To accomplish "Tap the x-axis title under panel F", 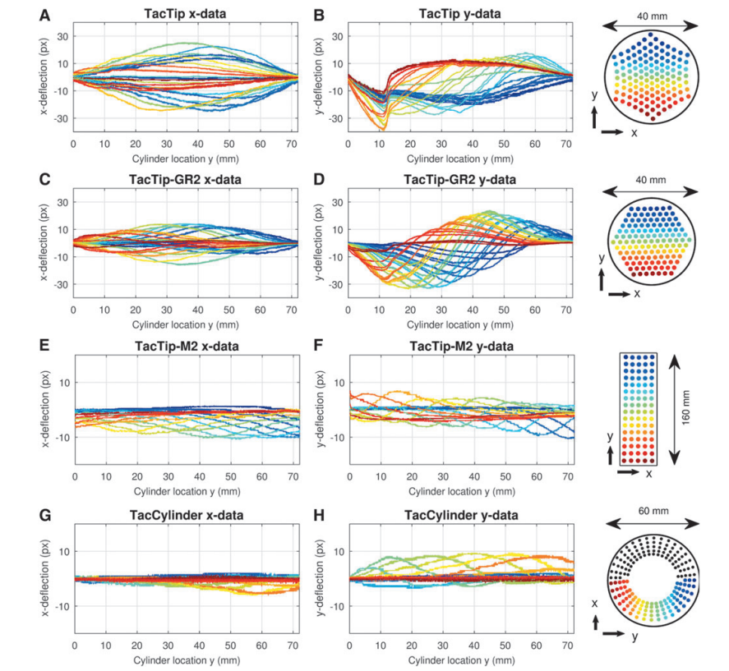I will [x=461, y=493].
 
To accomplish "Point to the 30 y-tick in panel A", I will [x=61, y=35].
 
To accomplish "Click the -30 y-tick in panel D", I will [x=335, y=284].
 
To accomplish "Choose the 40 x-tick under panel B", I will [x=473, y=145].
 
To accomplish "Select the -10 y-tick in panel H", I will [x=335, y=606].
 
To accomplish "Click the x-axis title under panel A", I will [x=185, y=159].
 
